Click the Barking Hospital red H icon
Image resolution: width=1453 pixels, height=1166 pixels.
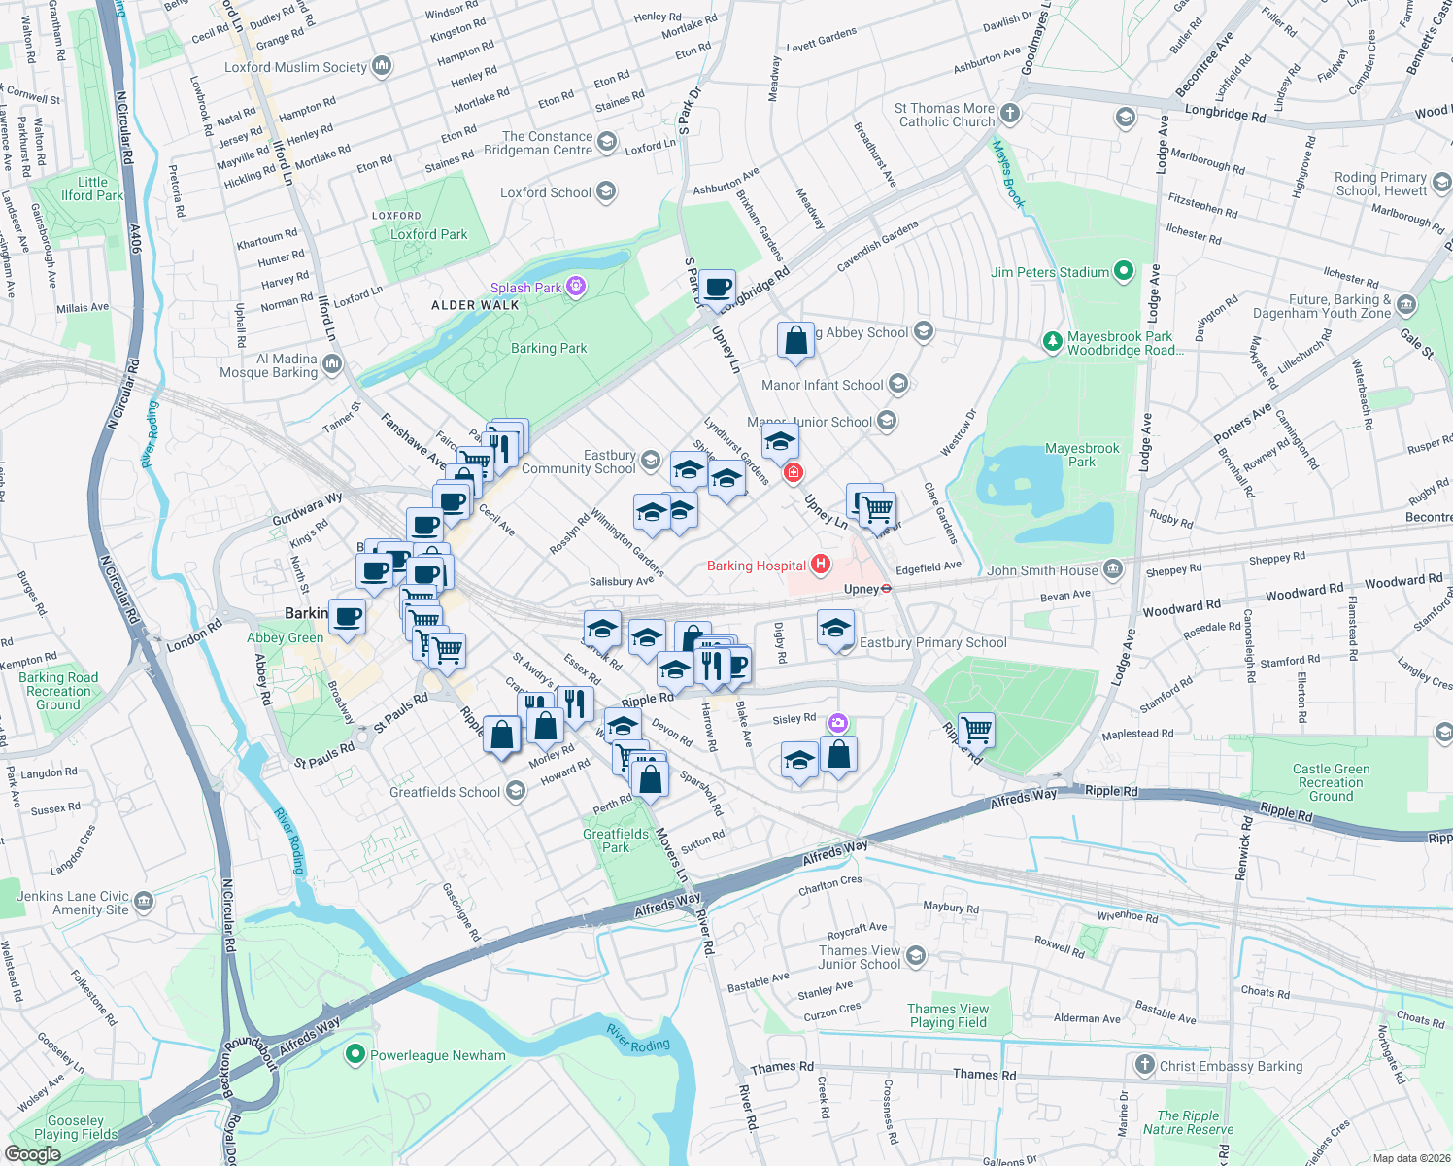point(821,565)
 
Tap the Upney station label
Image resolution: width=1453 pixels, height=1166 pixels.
point(862,589)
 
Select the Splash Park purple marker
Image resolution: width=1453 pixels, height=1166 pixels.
point(577,287)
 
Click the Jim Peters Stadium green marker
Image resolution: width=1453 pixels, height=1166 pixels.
point(1124,272)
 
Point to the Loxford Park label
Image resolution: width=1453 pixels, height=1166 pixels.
point(428,234)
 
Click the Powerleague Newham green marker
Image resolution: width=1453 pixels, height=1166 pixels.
point(355,1054)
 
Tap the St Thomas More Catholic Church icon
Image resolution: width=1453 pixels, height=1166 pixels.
point(1010,115)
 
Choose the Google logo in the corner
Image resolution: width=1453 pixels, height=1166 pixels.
point(32,1153)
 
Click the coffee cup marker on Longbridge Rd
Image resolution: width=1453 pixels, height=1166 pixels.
point(719,288)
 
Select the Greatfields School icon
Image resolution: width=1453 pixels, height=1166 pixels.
point(516,792)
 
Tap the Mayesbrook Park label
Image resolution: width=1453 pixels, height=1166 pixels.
point(1081,455)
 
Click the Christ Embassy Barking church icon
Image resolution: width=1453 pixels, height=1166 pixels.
point(1145,1066)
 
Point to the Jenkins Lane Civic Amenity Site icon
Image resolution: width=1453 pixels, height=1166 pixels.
point(144,902)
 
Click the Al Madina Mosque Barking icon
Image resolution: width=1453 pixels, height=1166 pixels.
point(332,364)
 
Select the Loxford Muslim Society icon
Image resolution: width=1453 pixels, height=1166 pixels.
point(382,67)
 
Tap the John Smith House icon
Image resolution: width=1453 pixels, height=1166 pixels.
point(1113,569)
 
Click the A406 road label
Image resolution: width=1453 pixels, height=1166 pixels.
point(135,238)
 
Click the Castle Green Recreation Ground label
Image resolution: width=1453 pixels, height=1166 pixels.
point(1331,782)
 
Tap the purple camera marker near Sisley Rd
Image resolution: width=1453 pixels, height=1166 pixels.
point(838,723)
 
